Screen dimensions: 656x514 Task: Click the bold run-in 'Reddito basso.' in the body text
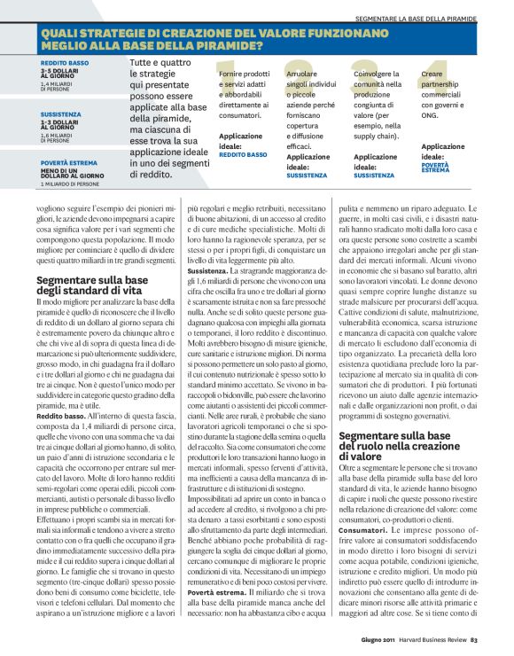60,415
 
